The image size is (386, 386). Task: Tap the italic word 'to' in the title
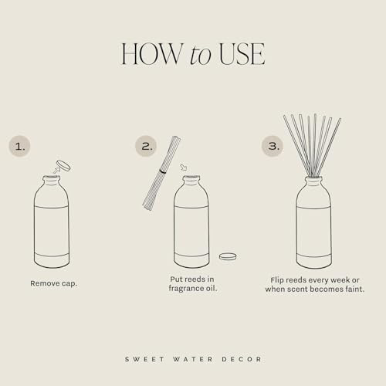point(197,54)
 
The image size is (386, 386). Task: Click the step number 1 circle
point(21,145)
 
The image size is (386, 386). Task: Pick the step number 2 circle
point(147,145)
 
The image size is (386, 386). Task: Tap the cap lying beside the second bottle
point(227,256)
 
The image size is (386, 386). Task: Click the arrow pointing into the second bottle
point(183,168)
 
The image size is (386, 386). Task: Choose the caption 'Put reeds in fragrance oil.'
point(191,283)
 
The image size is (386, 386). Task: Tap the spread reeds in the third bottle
point(313,143)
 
